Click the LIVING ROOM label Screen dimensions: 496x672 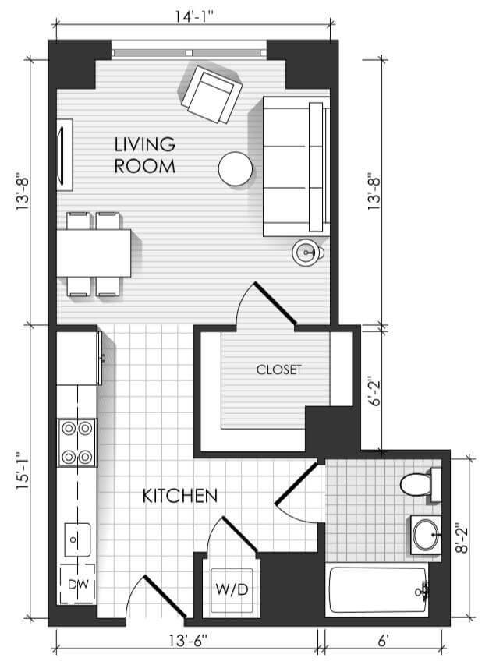[x=145, y=155]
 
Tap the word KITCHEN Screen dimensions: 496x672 [x=180, y=496]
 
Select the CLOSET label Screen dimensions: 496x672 [x=279, y=370]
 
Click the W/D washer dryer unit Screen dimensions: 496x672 [x=232, y=589]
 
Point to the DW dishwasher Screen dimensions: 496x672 [x=77, y=584]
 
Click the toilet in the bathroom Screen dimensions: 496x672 [x=420, y=485]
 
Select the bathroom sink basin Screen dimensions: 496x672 [x=427, y=535]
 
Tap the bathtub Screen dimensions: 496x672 [x=377, y=590]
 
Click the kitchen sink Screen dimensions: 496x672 [x=77, y=539]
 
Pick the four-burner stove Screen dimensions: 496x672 [x=77, y=443]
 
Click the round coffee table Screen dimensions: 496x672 [x=236, y=169]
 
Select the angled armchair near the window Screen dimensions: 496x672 [x=211, y=94]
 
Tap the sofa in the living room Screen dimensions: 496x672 [x=296, y=166]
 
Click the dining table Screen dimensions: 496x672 [x=94, y=253]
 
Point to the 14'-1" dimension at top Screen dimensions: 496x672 [x=194, y=16]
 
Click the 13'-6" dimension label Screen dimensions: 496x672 [x=187, y=641]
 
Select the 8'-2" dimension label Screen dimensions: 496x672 [x=462, y=538]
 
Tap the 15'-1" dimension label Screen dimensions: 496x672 [x=23, y=471]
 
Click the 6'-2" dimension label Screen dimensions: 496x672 [x=376, y=391]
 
